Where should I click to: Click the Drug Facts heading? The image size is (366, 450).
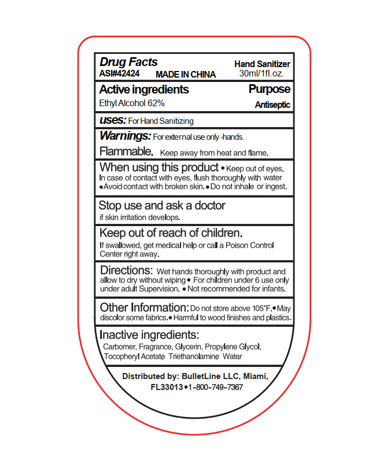click(x=128, y=62)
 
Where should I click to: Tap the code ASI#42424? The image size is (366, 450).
click(x=119, y=73)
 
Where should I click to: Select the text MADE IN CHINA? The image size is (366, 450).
click(x=186, y=74)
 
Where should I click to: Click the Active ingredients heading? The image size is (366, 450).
click(x=144, y=90)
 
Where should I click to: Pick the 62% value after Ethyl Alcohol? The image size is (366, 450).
click(x=156, y=103)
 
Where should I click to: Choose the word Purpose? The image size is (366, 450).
click(x=269, y=89)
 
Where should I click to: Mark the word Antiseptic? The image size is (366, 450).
click(x=272, y=105)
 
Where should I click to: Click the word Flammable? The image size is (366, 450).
click(x=126, y=151)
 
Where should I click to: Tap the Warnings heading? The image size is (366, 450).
click(x=125, y=135)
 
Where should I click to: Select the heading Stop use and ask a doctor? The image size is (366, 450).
click(x=162, y=205)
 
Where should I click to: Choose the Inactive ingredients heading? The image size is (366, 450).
click(x=149, y=335)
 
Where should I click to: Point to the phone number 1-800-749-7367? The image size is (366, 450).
click(x=216, y=387)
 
